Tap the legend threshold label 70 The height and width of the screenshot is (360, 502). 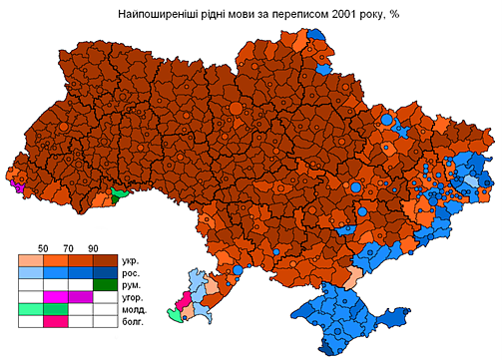coord(68,247)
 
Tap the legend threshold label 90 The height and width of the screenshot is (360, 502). coord(93,247)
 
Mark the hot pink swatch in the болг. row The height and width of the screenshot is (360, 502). coord(55,321)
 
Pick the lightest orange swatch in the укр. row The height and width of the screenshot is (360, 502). coord(30,259)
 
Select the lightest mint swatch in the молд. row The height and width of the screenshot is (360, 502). coord(30,309)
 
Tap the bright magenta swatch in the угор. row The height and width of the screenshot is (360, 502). coord(55,296)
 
